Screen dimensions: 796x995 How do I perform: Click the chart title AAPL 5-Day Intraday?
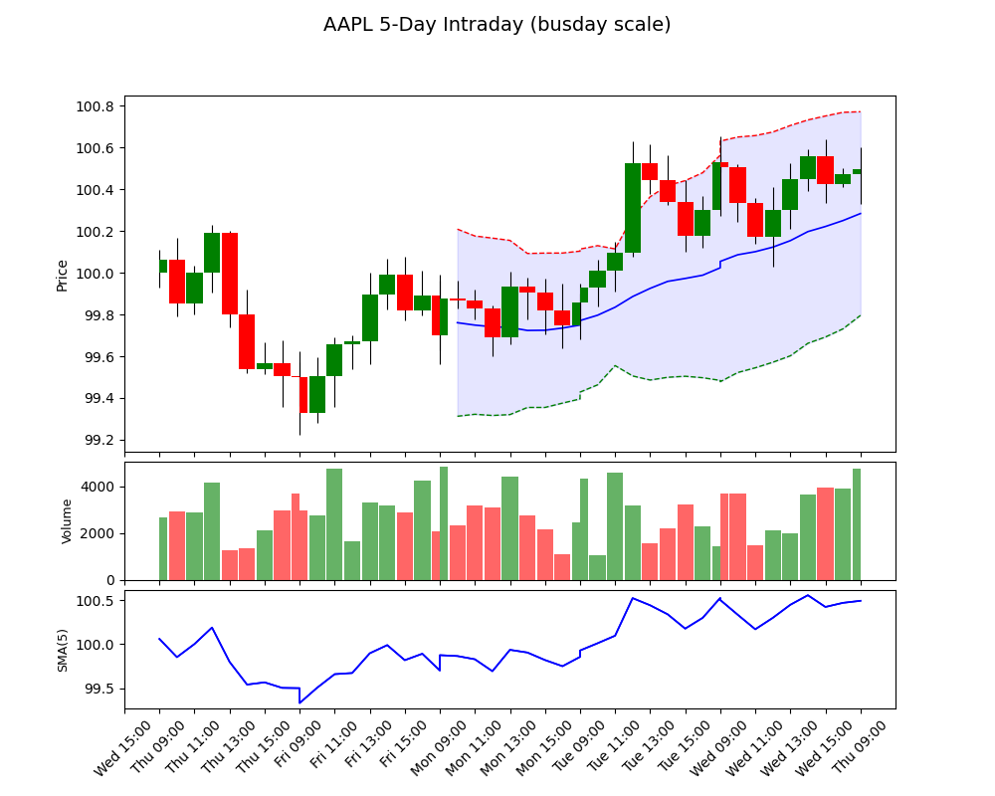pyautogui.click(x=497, y=25)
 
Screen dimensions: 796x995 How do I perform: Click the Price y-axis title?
pyautogui.click(x=63, y=275)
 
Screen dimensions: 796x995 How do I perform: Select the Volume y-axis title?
pyautogui.click(x=68, y=521)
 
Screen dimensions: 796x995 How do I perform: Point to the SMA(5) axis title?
pyautogui.click(x=63, y=650)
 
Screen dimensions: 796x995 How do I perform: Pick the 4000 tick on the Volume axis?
pyautogui.click(x=99, y=487)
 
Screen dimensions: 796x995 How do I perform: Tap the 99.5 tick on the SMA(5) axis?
pyautogui.click(x=99, y=689)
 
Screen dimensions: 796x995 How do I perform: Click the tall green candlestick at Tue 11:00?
pyautogui.click(x=633, y=208)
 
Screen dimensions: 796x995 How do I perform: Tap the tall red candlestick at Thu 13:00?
pyautogui.click(x=230, y=274)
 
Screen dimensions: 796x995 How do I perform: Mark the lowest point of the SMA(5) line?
pyautogui.click(x=299, y=703)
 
